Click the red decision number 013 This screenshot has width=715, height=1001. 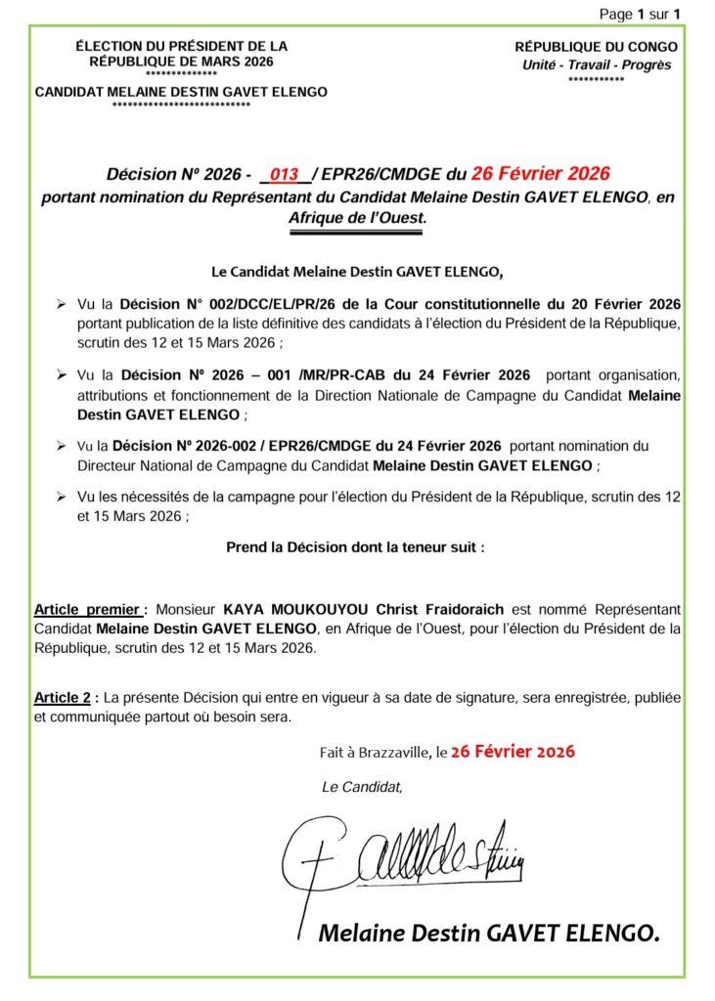pos(285,176)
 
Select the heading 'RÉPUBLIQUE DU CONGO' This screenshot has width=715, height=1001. pos(596,47)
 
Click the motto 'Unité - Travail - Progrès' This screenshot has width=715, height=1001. pos(596,65)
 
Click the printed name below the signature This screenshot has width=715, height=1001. pos(489,934)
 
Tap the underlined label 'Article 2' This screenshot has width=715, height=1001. pos(65,698)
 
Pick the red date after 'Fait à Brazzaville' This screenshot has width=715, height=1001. pos(513,752)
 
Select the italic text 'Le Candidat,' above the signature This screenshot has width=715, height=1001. pos(362,786)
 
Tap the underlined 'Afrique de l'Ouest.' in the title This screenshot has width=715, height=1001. pos(357,219)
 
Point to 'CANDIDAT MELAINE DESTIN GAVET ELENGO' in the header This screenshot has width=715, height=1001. pos(181,92)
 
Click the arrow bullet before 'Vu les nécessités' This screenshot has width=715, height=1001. pos(62,499)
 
